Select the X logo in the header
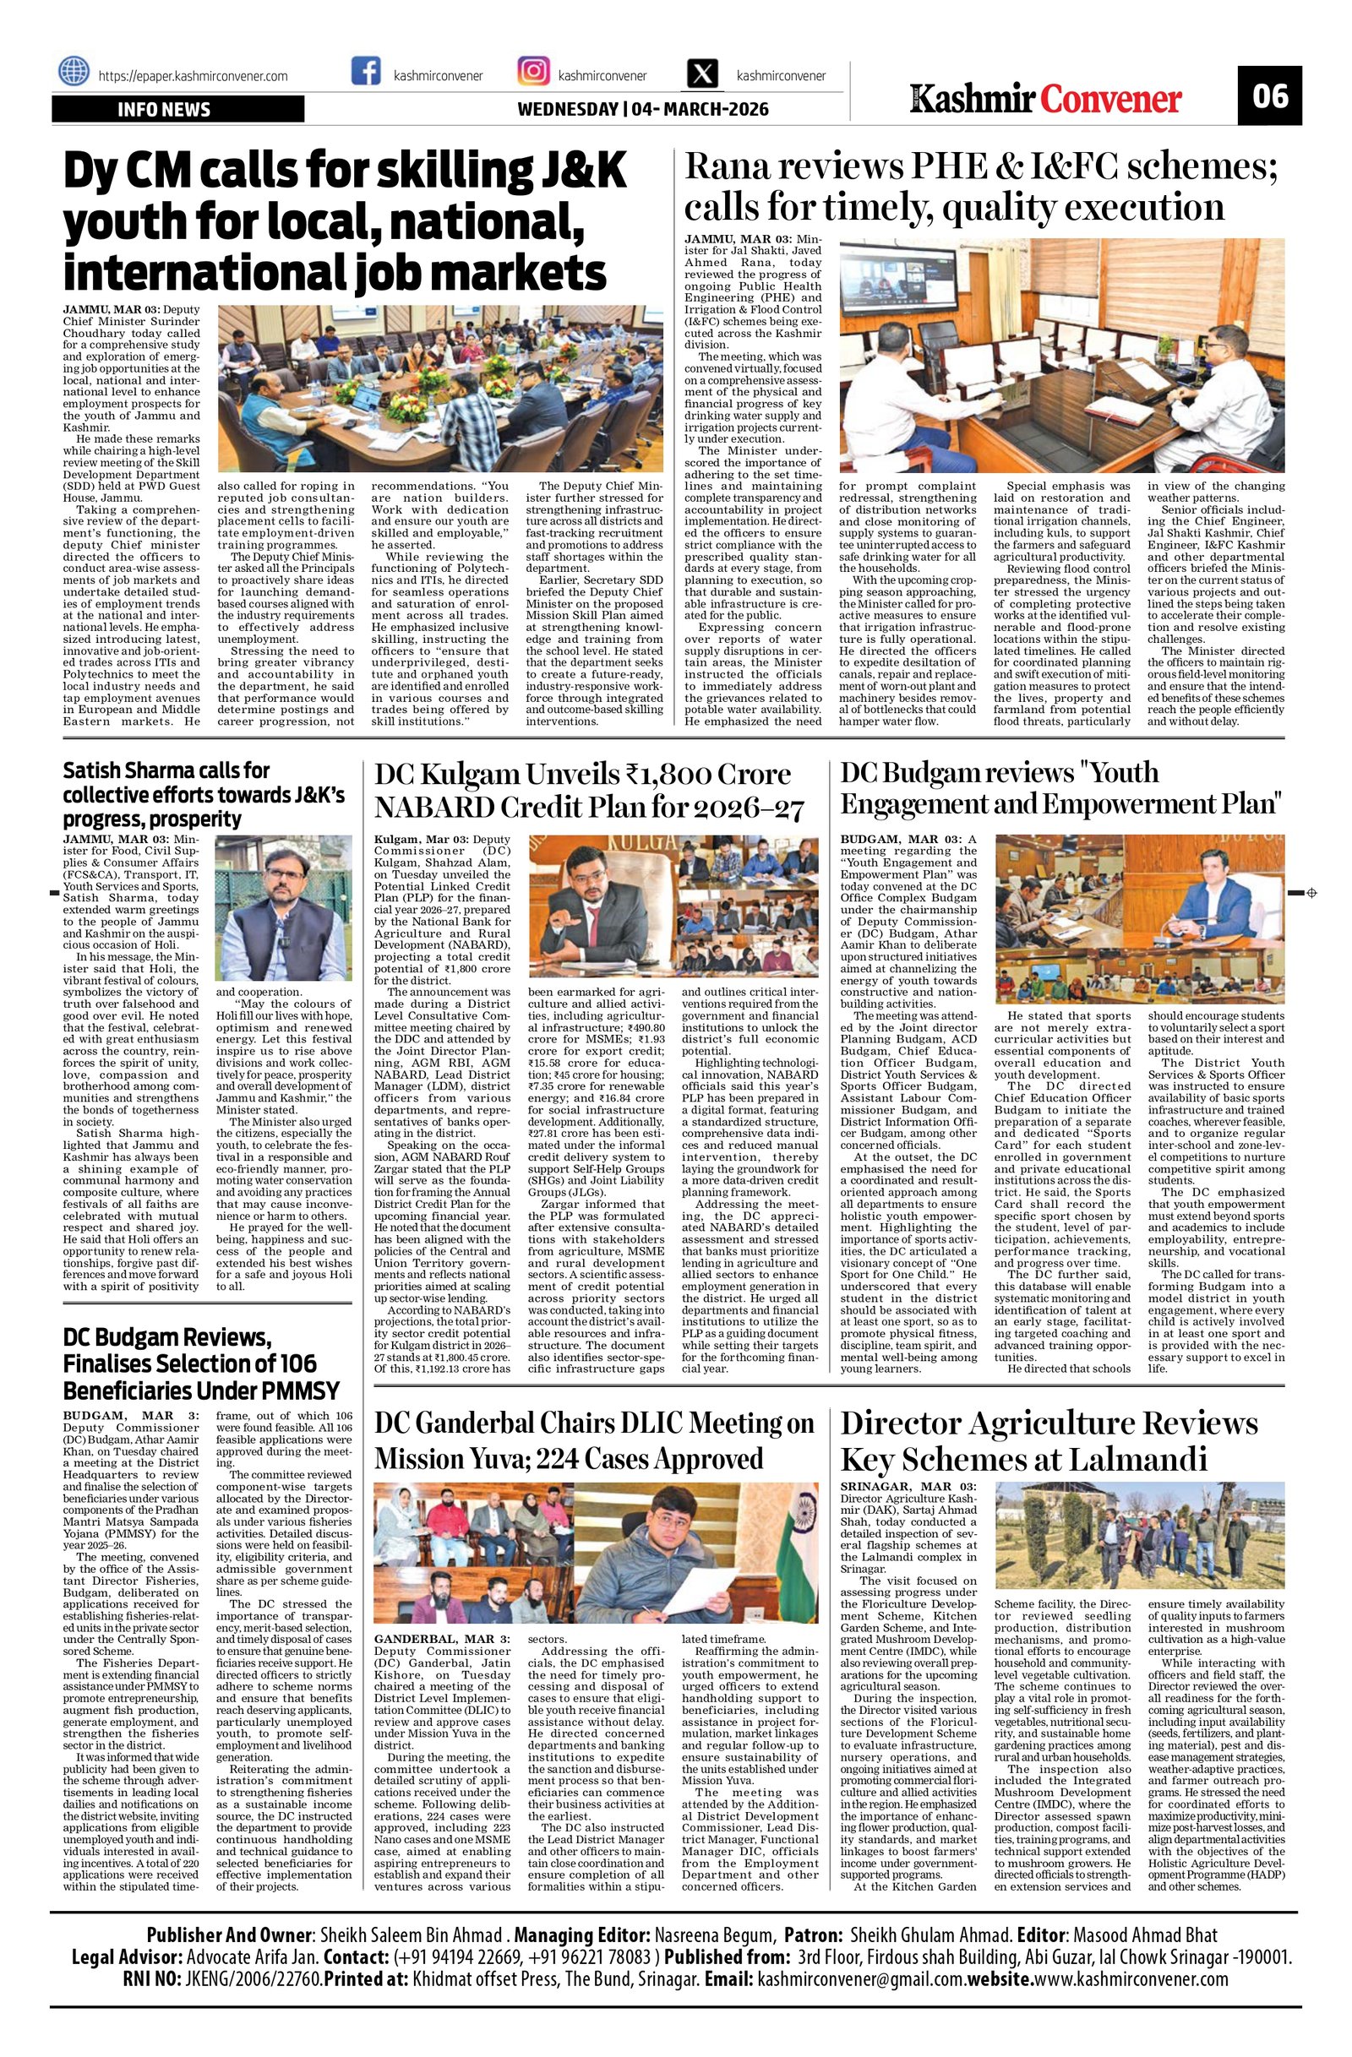[x=704, y=73]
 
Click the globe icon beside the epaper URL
[x=74, y=73]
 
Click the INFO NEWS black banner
[x=177, y=110]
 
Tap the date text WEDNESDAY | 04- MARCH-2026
[x=642, y=110]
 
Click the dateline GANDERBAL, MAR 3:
[x=442, y=1638]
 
